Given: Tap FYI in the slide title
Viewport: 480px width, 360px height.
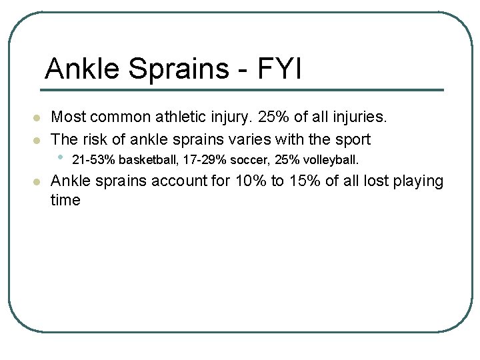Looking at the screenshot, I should tap(279, 68).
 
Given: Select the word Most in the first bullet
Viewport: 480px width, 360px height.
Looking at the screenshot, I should tap(67, 117).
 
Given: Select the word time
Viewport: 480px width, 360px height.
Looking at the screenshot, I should tap(65, 200).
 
